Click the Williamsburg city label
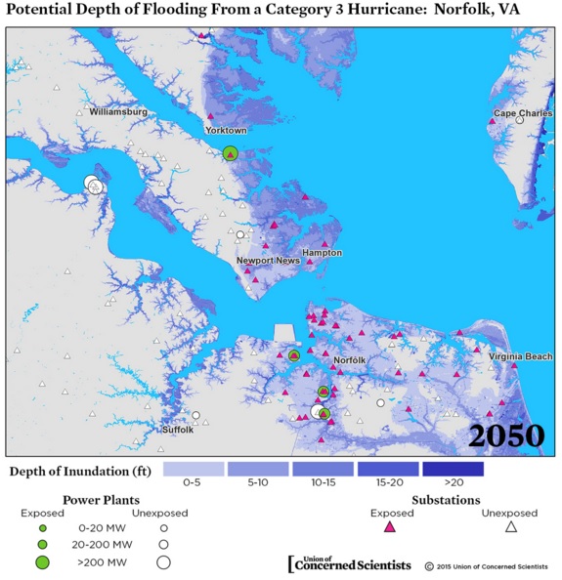point(117,112)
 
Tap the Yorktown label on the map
point(225,130)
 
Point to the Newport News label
point(268,261)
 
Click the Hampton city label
point(322,252)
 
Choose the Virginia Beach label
point(519,356)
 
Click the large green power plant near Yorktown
point(230,152)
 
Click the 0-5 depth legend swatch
point(194,469)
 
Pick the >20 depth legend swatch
point(454,469)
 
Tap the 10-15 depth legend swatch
point(323,469)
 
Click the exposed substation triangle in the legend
point(389,527)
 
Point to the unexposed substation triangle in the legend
point(509,527)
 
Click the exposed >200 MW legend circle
point(42,561)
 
